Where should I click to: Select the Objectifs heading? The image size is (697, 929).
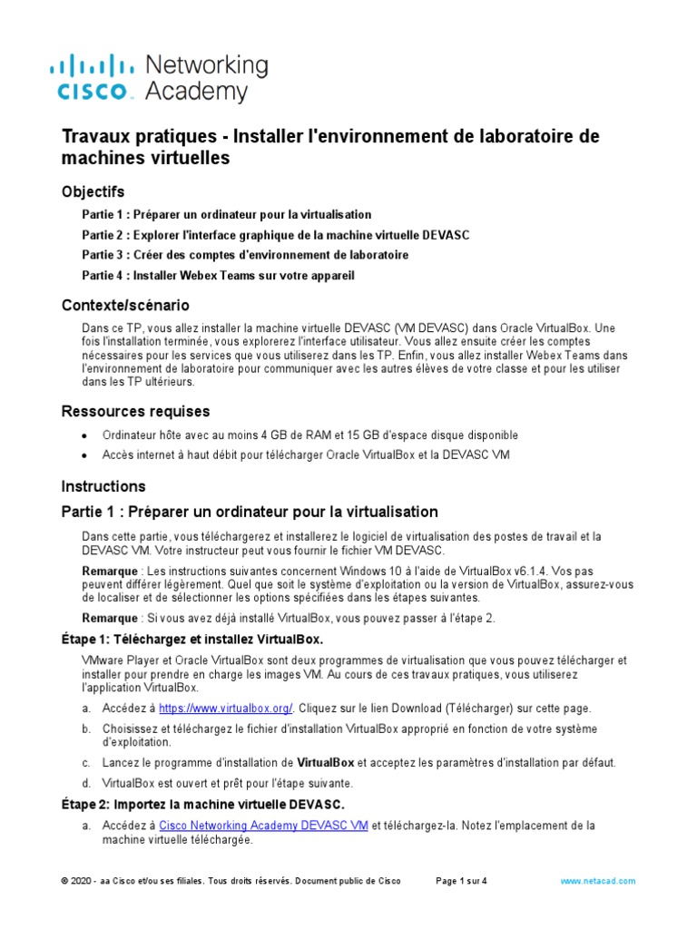[x=93, y=191]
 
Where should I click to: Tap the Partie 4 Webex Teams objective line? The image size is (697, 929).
[x=218, y=275]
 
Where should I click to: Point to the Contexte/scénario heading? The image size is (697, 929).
[x=125, y=305]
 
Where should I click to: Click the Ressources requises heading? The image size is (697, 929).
[x=135, y=412]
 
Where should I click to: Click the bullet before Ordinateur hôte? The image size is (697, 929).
[x=85, y=436]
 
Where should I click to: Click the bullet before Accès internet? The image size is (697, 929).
[x=85, y=455]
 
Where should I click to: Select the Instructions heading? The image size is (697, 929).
[x=103, y=486]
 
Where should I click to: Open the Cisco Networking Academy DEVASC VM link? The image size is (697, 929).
[x=263, y=826]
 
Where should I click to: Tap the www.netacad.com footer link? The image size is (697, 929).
[x=598, y=881]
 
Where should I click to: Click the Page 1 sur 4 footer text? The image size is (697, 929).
[x=462, y=881]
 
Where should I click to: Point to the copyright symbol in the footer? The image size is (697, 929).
[x=64, y=881]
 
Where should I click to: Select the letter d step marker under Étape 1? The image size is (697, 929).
[x=86, y=783]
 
